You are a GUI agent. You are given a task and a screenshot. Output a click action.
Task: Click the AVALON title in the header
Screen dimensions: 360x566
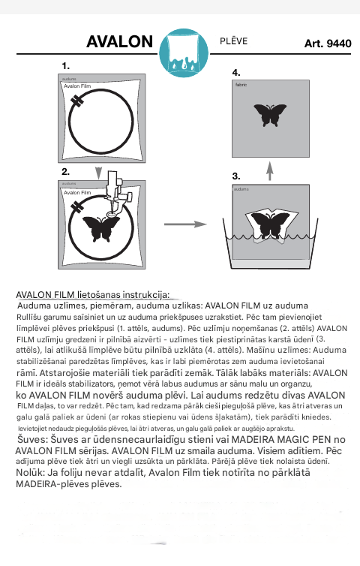pyautogui.click(x=120, y=41)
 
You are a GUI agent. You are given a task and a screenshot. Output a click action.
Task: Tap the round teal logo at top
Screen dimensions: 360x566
pyautogui.click(x=184, y=53)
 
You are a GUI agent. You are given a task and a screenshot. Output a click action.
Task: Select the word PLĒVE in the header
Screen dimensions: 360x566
pyautogui.click(x=234, y=41)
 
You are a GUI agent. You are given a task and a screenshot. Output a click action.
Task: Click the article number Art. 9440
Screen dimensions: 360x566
pyautogui.click(x=328, y=44)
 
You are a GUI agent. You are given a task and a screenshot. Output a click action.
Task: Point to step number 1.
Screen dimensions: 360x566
pyautogui.click(x=65, y=66)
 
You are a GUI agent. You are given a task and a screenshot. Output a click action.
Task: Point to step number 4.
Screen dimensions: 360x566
pyautogui.click(x=236, y=73)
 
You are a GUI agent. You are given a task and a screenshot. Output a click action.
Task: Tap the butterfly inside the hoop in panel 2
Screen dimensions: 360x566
pyautogui.click(x=101, y=228)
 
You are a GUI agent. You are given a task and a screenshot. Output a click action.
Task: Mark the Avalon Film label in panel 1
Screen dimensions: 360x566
pyautogui.click(x=77, y=86)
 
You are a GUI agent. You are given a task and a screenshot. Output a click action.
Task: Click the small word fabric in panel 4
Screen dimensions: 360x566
pyautogui.click(x=241, y=85)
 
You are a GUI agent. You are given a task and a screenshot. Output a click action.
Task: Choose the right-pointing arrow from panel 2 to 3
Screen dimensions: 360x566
pyautogui.click(x=185, y=224)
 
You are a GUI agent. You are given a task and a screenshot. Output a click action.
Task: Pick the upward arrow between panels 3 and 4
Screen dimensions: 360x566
pyautogui.click(x=270, y=171)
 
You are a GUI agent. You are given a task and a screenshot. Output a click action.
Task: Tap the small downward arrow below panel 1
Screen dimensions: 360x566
pyautogui.click(x=98, y=173)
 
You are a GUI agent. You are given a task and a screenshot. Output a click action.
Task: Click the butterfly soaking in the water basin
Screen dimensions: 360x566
pyautogui.click(x=270, y=226)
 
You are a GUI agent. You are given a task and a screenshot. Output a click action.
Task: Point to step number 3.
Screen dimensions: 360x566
pyautogui.click(x=236, y=176)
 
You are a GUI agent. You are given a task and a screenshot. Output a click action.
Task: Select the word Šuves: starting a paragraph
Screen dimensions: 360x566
pyautogui.click(x=32, y=439)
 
